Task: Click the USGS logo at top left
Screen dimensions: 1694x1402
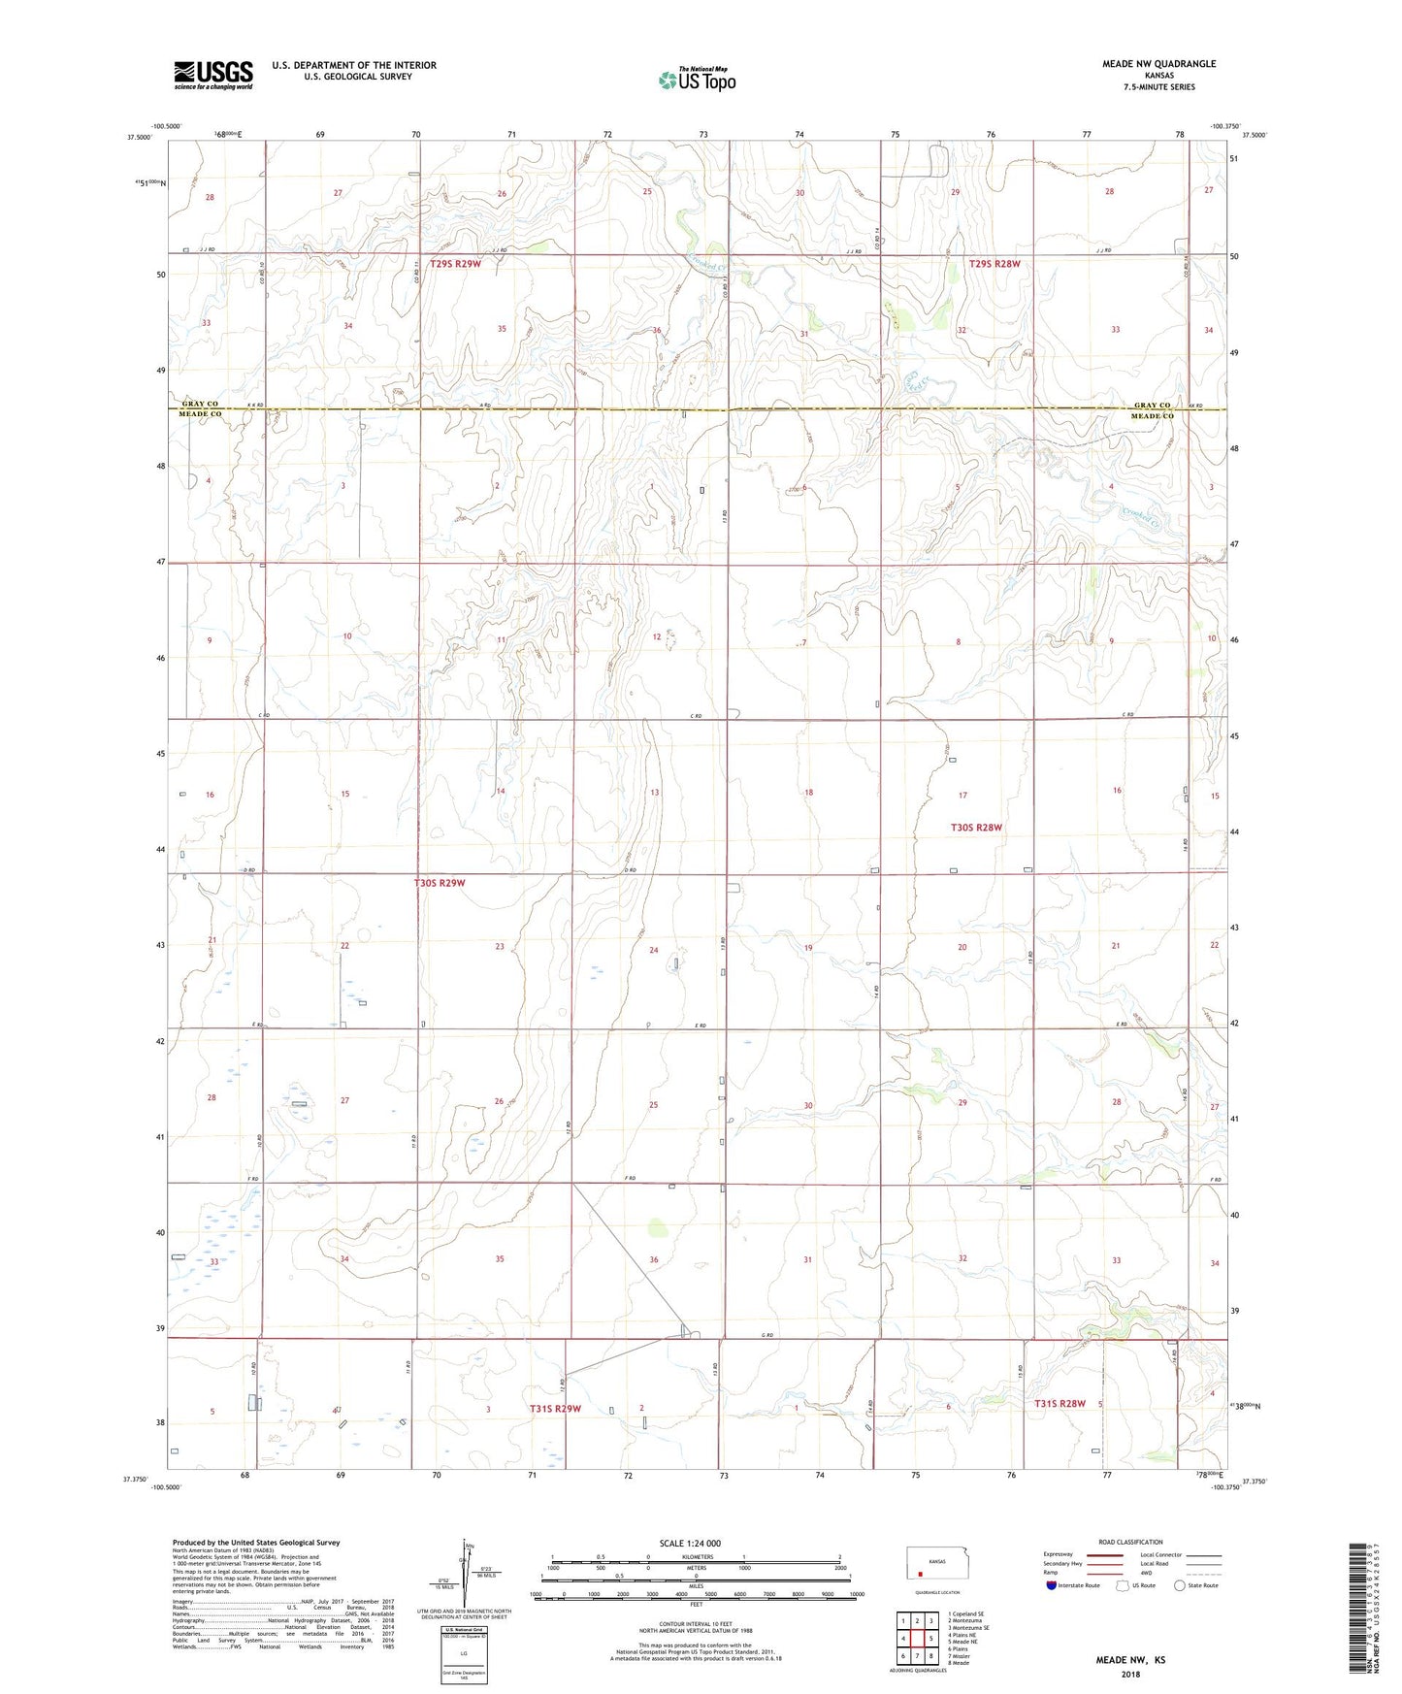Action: click(x=213, y=75)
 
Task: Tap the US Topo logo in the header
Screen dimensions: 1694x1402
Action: click(x=697, y=81)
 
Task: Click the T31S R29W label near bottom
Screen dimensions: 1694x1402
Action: click(x=555, y=1409)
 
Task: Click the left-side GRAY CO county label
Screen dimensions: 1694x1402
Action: click(x=200, y=404)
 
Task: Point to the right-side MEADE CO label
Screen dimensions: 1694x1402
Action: click(x=1152, y=416)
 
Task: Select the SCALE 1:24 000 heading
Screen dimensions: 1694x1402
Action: click(x=696, y=1544)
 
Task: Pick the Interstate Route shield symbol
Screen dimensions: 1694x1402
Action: click(x=1053, y=1585)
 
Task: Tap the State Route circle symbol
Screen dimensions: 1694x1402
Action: click(x=1179, y=1585)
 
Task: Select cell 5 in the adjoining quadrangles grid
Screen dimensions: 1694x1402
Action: click(x=929, y=1639)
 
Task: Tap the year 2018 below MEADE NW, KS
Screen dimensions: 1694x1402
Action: click(x=1130, y=1674)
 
